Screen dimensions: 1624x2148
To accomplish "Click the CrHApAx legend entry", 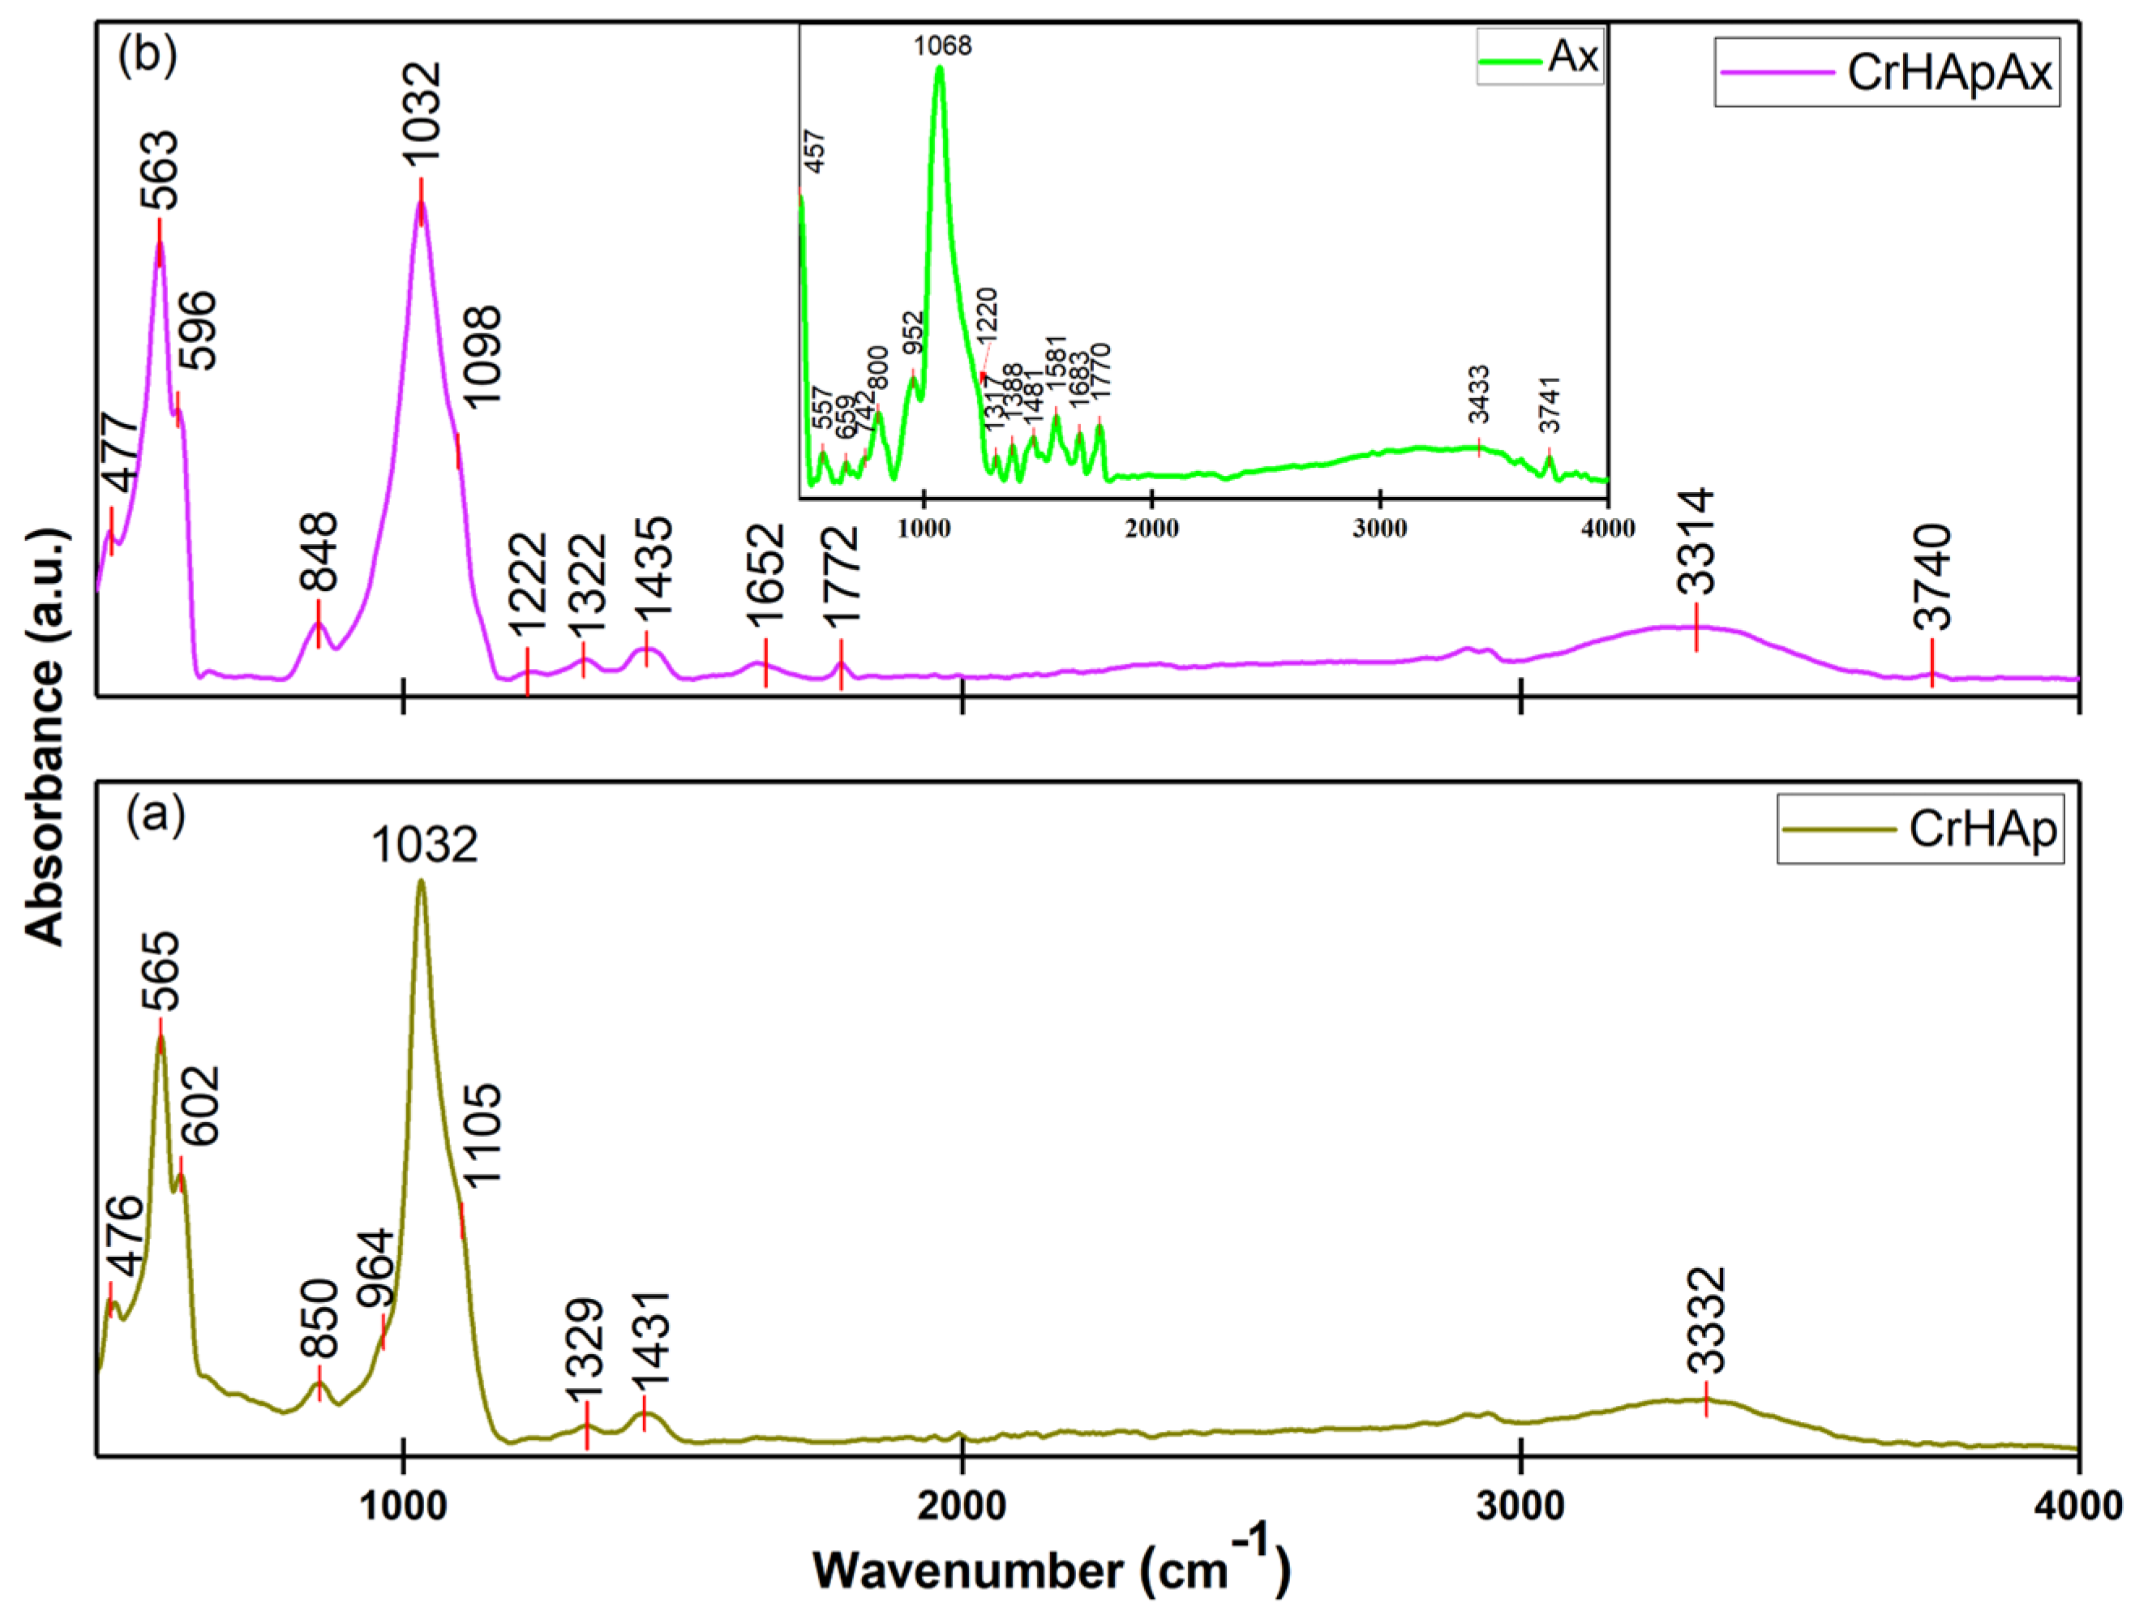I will point(1886,72).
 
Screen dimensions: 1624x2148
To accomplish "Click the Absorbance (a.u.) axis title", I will point(45,737).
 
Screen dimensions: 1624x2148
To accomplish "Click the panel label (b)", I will point(147,55).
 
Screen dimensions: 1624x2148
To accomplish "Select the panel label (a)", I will point(156,816).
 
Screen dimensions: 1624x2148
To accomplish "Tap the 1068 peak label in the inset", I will point(942,45).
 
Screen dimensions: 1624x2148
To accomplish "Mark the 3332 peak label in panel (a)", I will point(1706,1320).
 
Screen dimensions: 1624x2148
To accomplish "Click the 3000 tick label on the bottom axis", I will point(1520,1506).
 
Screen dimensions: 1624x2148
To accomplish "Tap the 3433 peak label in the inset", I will point(1478,395).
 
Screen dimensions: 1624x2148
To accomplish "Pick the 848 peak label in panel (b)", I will point(319,551).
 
